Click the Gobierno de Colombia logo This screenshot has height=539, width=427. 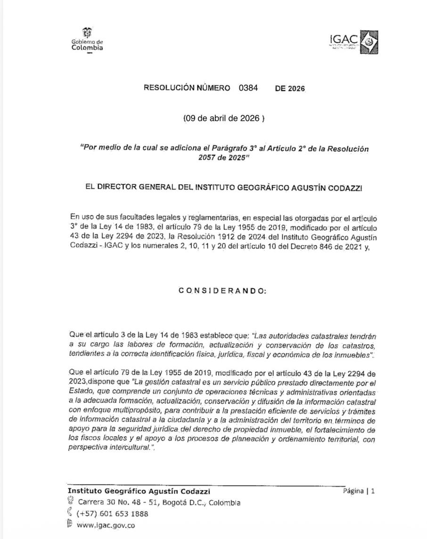tap(87, 40)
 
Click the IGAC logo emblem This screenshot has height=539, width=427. tap(369, 42)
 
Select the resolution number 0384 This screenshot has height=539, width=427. tap(248, 88)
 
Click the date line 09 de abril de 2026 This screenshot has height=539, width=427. tap(224, 118)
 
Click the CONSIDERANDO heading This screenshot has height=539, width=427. tap(222, 290)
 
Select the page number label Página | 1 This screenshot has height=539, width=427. tap(359, 491)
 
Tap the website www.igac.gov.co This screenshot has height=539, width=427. tap(106, 525)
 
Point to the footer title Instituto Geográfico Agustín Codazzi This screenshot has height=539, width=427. tap(139, 491)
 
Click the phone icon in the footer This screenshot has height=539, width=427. tap(70, 513)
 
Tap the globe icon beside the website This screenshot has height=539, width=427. tap(70, 524)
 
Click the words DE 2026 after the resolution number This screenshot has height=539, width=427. tap(289, 88)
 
